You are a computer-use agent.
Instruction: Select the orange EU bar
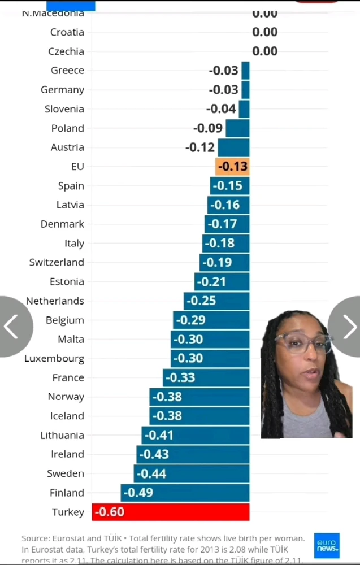coord(232,167)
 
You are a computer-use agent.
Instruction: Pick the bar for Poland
coord(237,128)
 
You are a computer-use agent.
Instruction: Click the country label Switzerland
coord(57,262)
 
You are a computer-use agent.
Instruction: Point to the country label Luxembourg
coord(54,358)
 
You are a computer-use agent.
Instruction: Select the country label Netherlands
coord(55,301)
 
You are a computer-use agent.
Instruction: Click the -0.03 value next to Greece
coord(223,71)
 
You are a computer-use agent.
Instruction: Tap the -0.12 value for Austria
coord(200,147)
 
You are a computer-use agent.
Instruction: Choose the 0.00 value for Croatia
coord(264,32)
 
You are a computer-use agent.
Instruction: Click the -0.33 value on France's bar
coord(179,377)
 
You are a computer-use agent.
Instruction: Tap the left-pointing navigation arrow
coord(11,327)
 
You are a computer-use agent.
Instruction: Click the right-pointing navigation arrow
coord(349,327)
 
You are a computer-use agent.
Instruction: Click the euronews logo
coord(327,545)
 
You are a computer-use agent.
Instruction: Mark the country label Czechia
coord(66,51)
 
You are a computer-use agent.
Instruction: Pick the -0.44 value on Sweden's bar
coord(152,473)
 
